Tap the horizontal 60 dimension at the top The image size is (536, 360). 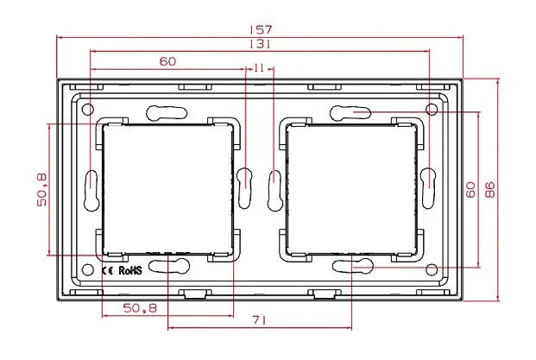(167, 61)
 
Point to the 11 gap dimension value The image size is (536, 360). (259, 68)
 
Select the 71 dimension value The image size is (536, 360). (260, 320)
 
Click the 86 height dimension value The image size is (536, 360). (489, 190)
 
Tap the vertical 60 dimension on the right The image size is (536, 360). (470, 190)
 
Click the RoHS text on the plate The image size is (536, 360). (129, 269)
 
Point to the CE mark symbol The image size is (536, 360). (108, 269)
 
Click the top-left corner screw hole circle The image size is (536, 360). (87, 109)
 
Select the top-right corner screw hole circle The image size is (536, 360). (431, 109)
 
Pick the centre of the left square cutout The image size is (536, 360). (167, 189)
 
